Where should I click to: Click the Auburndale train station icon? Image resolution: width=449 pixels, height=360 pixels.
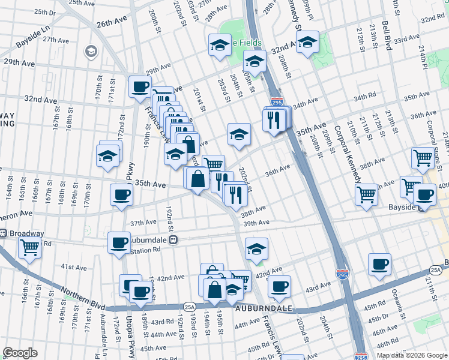[173, 239]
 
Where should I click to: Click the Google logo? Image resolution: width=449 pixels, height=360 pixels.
[20, 353]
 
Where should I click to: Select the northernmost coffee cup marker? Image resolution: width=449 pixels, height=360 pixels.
[140, 86]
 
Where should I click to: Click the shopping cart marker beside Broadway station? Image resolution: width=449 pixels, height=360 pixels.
[29, 246]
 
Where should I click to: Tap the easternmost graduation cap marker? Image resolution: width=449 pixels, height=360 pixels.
[307, 43]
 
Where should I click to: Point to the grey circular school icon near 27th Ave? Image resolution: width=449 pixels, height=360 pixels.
[91, 52]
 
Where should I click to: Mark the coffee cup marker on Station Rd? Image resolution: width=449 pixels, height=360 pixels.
[119, 242]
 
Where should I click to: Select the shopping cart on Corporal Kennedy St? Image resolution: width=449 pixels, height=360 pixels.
[366, 193]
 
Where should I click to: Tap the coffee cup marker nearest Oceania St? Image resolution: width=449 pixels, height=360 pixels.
[379, 263]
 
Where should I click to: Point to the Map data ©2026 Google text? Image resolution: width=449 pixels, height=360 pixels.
[412, 355]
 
